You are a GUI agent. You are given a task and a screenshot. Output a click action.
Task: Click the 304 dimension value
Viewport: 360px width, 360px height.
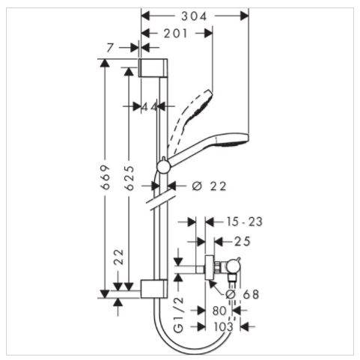point(194,16)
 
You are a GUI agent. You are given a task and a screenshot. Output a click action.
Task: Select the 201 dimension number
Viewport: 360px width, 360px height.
point(175,34)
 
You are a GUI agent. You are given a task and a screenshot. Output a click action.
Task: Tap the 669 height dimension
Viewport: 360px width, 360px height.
point(106,177)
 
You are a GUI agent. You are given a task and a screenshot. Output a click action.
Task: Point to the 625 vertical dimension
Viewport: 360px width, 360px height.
point(129,177)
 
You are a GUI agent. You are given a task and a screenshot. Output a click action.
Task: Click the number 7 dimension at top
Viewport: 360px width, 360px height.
point(110,48)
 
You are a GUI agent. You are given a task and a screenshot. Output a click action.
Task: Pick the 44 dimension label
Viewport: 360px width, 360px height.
point(150,107)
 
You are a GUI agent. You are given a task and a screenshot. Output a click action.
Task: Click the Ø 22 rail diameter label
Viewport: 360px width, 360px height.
point(209,186)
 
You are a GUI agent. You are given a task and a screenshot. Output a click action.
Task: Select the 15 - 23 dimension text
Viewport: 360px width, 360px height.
point(245,222)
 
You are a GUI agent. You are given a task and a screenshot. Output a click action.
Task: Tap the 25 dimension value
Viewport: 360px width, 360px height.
point(242,241)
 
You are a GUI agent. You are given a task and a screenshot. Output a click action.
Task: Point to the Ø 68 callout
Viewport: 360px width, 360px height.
point(242,294)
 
